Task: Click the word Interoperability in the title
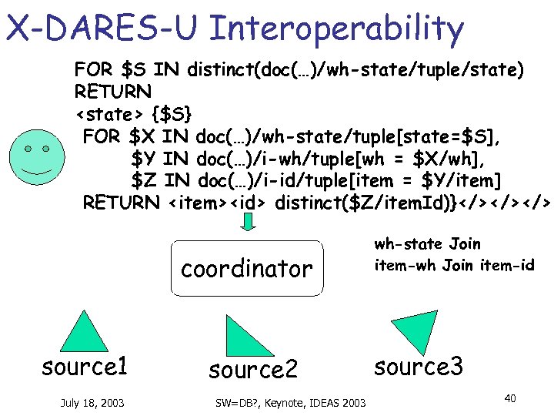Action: point(336,29)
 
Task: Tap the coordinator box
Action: point(246,269)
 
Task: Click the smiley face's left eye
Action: point(28,148)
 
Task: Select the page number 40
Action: point(509,398)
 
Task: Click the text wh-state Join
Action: point(427,244)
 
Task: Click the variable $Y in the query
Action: point(144,159)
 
